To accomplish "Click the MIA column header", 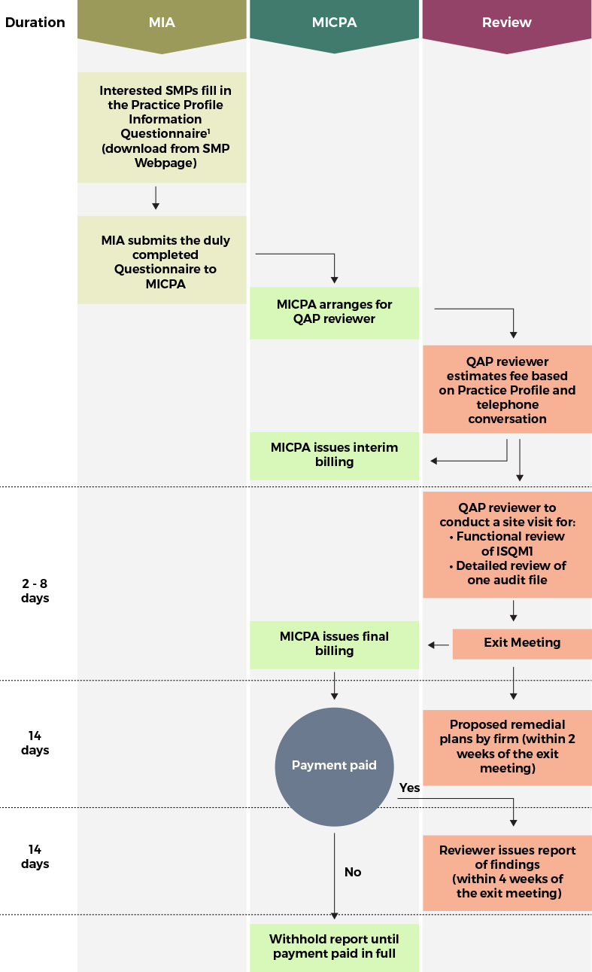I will pyautogui.click(x=162, y=23).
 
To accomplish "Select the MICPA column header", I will pyautogui.click(x=334, y=23).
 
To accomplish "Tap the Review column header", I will pyautogui.click(x=506, y=23).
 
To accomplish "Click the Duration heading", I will pyautogui.click(x=35, y=23).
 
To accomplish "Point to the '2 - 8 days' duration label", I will pyautogui.click(x=35, y=591).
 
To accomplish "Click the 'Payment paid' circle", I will pyautogui.click(x=334, y=766).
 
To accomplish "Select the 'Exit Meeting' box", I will pyautogui.click(x=522, y=643).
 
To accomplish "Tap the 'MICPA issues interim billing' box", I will pyautogui.click(x=334, y=455).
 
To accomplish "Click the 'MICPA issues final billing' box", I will pyautogui.click(x=334, y=644).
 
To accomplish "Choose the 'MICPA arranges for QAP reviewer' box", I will pyautogui.click(x=334, y=312).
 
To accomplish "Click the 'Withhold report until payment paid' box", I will pyautogui.click(x=334, y=947).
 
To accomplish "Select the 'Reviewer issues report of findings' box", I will pyautogui.click(x=507, y=872).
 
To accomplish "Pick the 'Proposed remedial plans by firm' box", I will pyautogui.click(x=507, y=746).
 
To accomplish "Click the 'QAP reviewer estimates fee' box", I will pyautogui.click(x=507, y=390).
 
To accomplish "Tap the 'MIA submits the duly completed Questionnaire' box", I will pyautogui.click(x=162, y=261).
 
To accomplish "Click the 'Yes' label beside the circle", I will pyautogui.click(x=410, y=788).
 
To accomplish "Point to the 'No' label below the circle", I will pyautogui.click(x=353, y=872).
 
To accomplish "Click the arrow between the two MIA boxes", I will pyautogui.click(x=156, y=197).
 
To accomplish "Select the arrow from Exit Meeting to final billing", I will pyautogui.click(x=439, y=644).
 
